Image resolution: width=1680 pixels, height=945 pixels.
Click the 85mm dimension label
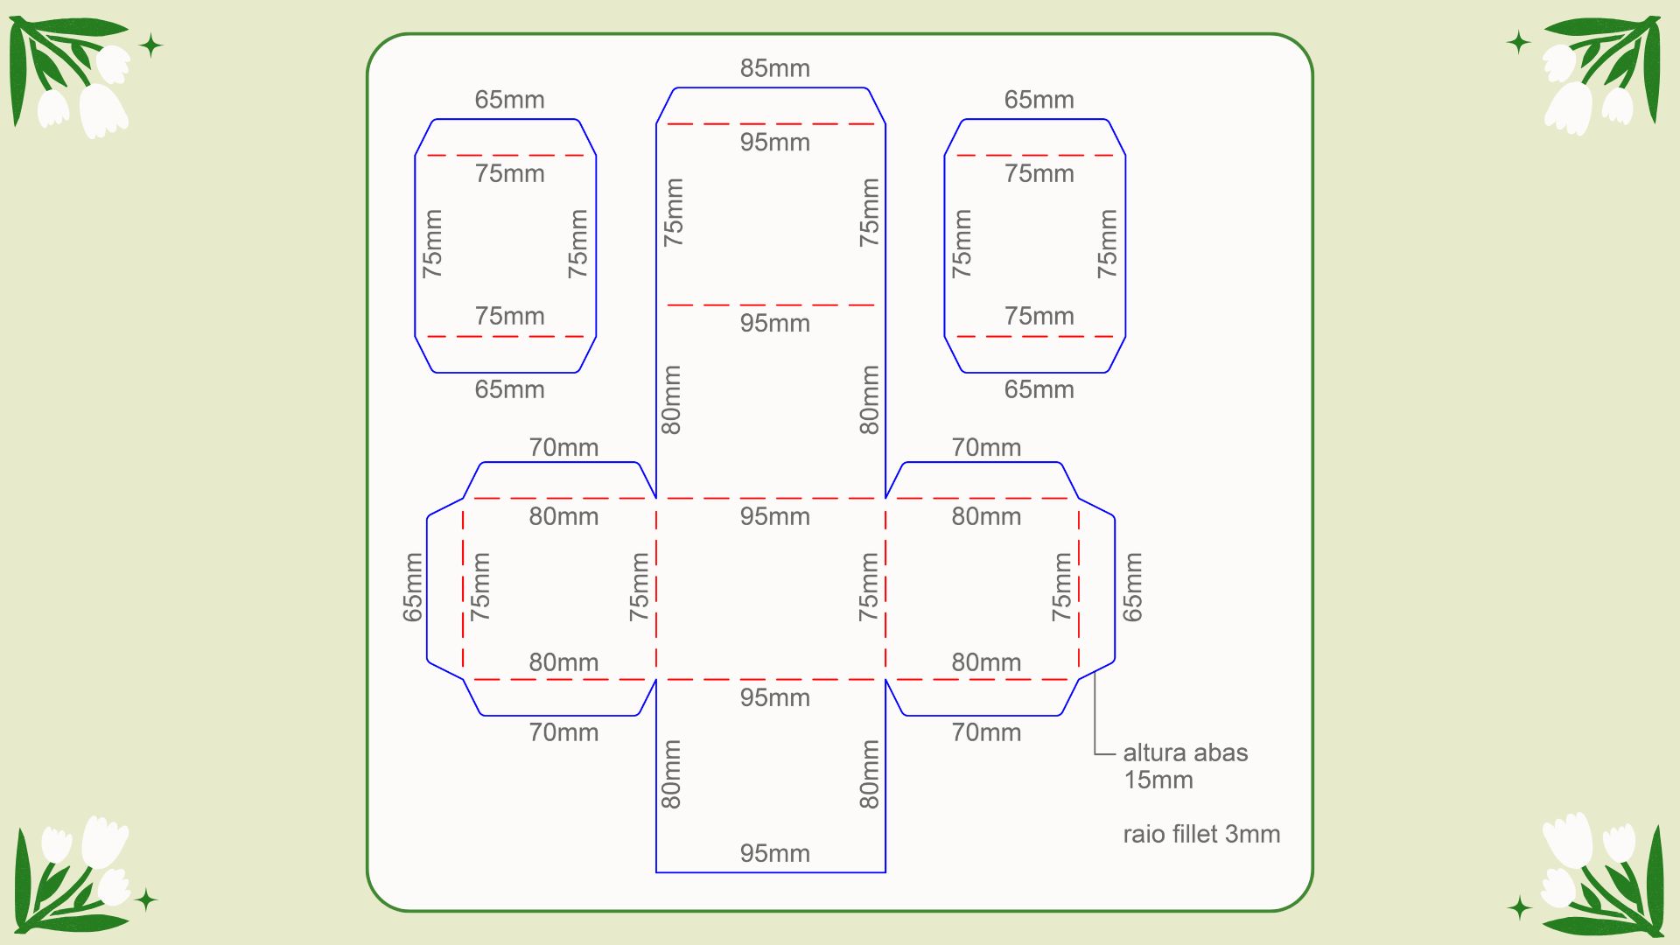point(774,68)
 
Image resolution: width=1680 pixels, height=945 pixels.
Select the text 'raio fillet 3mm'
point(1201,834)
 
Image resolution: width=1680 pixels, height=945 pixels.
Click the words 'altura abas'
point(1185,752)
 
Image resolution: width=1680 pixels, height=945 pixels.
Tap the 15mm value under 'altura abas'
point(1158,780)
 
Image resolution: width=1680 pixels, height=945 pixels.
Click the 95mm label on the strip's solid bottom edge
point(774,853)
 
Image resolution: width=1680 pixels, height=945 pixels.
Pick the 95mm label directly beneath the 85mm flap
point(774,142)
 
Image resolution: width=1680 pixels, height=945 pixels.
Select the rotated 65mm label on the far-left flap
point(412,587)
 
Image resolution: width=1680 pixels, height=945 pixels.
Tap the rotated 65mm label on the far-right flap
point(1132,587)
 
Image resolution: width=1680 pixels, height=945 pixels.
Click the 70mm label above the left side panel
point(563,447)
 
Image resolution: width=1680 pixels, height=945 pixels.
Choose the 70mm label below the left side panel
point(563,732)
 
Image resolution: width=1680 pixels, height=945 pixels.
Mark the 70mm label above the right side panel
point(986,447)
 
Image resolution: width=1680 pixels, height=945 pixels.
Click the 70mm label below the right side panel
point(986,732)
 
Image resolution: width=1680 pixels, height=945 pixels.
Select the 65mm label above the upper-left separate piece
point(509,100)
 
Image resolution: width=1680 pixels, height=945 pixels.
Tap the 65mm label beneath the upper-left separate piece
point(509,389)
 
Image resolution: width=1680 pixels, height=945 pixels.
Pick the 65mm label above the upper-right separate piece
point(1039,100)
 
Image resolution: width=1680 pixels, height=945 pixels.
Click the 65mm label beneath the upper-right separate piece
point(1039,389)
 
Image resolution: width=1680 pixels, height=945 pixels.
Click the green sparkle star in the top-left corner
point(150,45)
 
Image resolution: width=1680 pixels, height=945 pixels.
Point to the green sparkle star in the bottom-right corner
point(1520,908)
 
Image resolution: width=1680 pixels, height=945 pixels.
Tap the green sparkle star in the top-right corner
point(1519,42)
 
